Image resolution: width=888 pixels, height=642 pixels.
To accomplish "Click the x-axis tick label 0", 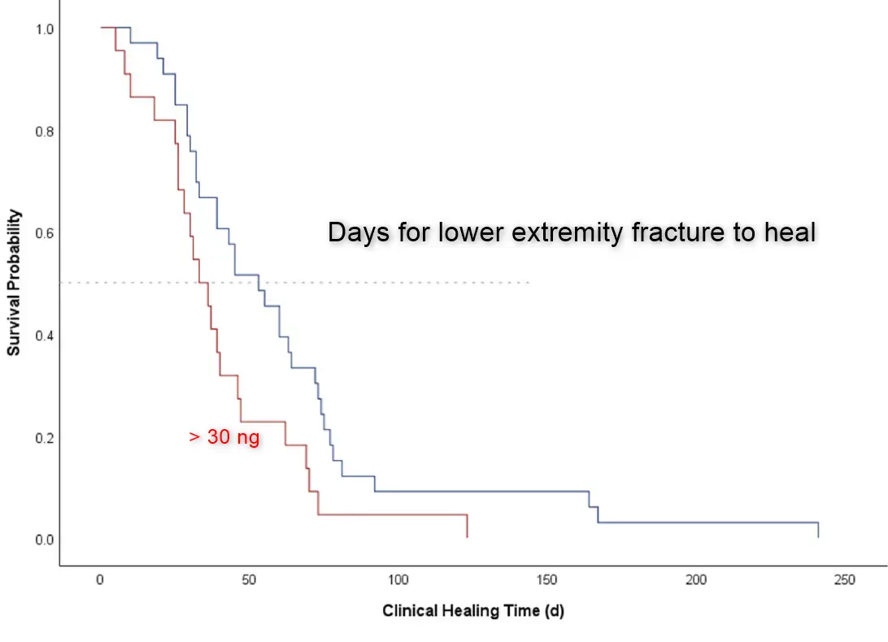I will [100, 580].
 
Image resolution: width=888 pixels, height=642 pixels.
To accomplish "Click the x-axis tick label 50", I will [250, 580].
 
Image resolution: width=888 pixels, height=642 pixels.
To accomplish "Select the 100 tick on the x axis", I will [398, 580].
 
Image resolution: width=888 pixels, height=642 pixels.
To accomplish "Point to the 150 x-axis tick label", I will [547, 580].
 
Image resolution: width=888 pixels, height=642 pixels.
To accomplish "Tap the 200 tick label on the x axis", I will [696, 580].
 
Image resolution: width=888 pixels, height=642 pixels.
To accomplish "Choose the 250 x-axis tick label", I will [845, 580].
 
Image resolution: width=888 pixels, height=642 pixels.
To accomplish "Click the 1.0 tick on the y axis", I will [44, 29].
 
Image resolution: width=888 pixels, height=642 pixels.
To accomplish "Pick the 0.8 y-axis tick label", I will [44, 132].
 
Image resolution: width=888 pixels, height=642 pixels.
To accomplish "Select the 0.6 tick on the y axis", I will [44, 234].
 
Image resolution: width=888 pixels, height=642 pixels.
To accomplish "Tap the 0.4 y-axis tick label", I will [44, 336].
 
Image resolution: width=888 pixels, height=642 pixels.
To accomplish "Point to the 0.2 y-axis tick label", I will [44, 438].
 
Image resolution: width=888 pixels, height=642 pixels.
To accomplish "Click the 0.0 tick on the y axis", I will [44, 540].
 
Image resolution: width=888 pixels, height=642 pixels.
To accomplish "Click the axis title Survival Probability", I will [14, 283].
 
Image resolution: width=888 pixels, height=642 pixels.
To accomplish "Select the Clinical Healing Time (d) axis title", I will [473, 611].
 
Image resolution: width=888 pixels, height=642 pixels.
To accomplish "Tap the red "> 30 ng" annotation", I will [224, 437].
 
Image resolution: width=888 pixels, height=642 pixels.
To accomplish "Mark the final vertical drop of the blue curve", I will [817, 530].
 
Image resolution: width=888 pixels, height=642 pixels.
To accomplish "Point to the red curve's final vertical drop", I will [467, 527].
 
